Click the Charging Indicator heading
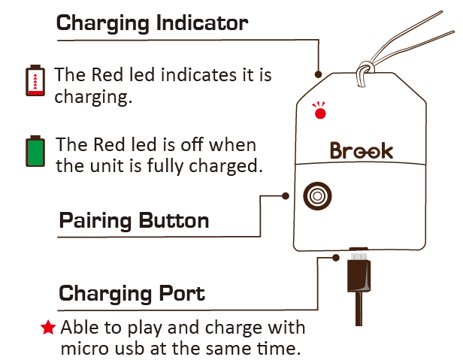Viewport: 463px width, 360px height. (x=152, y=23)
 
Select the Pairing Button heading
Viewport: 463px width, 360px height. (x=134, y=221)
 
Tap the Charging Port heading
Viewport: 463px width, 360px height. (x=132, y=292)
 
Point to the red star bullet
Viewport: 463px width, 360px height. (x=48, y=328)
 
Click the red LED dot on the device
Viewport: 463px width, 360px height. (x=320, y=113)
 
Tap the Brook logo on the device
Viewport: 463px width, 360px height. (x=361, y=150)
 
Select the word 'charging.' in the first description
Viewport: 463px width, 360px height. (x=92, y=97)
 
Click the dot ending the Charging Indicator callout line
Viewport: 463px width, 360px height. (x=319, y=74)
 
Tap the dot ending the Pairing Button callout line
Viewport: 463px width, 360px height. (x=286, y=195)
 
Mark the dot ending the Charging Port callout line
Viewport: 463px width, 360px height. (x=335, y=258)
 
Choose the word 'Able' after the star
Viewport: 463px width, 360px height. (x=77, y=328)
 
